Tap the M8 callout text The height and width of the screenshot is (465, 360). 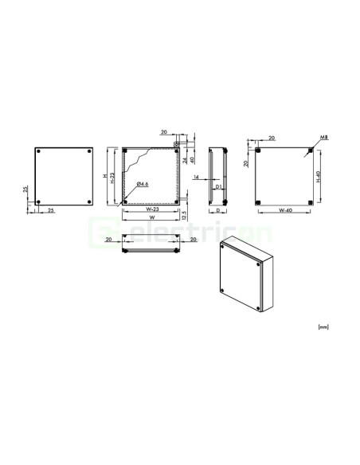coord(323,138)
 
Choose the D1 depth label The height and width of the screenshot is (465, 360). coord(218,186)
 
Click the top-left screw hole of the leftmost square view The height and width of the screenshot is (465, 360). coord(40,150)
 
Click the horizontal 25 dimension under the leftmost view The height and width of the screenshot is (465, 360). coord(51,211)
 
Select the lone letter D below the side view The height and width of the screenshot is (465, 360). coord(218,213)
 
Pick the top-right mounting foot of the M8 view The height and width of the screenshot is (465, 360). coord(309,150)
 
